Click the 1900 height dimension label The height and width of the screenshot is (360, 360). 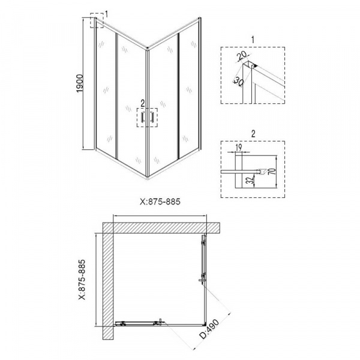79,83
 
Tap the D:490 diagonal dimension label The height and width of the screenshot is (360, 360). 209,329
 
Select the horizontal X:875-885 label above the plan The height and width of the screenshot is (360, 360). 160,202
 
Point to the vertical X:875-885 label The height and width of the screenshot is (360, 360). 82,280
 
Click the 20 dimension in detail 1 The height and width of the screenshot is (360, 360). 242,55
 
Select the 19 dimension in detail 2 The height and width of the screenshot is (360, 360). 239,148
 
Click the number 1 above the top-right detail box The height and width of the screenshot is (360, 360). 253,40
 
